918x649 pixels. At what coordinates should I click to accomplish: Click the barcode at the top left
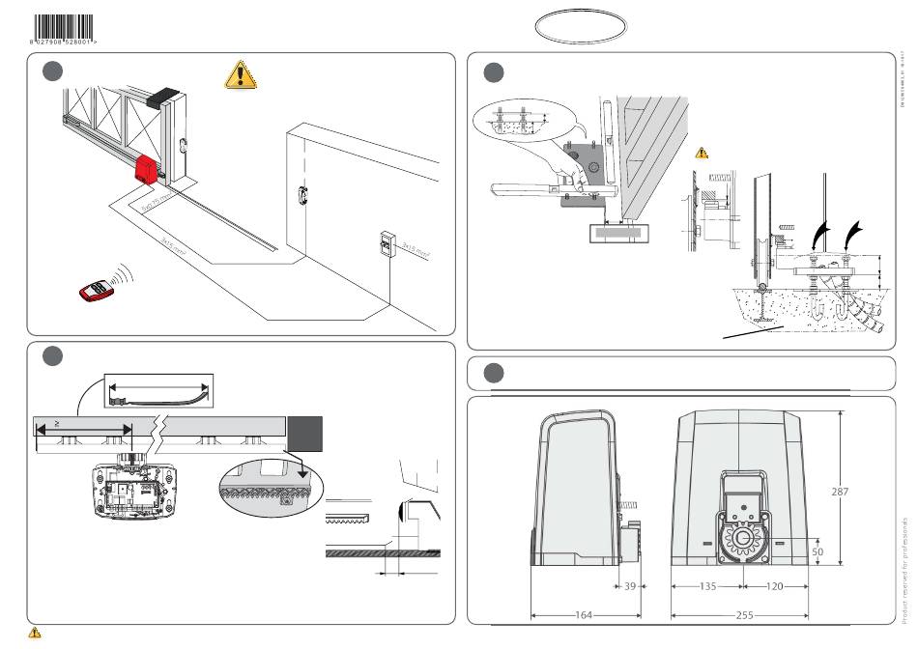tap(65, 26)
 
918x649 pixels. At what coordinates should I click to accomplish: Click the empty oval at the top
tap(579, 28)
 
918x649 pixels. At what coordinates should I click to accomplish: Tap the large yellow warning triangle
tap(242, 74)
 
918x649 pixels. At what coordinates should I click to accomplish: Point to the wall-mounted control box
tap(389, 244)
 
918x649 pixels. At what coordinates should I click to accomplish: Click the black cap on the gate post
tap(161, 96)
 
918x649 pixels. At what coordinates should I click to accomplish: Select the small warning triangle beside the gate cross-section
tap(703, 153)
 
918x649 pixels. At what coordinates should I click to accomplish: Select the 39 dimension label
tap(630, 586)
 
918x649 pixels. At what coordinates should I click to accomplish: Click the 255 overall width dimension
tap(744, 614)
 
